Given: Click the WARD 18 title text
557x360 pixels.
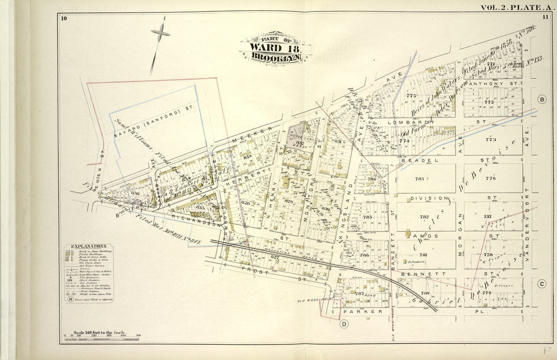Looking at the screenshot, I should (274, 47).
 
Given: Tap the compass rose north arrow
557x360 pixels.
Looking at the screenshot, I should (160, 34).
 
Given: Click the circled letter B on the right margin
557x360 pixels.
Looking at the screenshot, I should (541, 100).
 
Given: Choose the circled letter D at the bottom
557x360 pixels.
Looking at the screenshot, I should (344, 325).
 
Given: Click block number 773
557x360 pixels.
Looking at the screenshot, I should (491, 140).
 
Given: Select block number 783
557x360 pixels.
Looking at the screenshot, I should (419, 178).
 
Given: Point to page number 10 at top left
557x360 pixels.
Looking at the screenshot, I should (64, 19).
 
